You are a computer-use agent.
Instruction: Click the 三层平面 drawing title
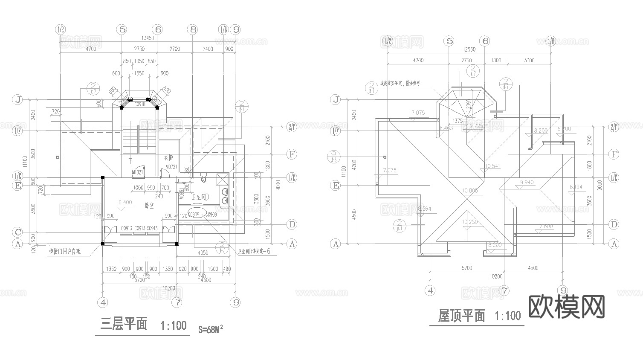(x=124, y=325)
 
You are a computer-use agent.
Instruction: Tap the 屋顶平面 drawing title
(x=462, y=316)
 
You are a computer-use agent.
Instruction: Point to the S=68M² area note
(x=211, y=329)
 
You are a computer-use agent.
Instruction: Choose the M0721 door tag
(x=171, y=166)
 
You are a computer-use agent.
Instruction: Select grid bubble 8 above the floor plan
(x=193, y=29)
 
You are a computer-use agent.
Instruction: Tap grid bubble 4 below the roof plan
(x=430, y=290)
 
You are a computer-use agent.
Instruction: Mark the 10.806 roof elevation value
(x=470, y=191)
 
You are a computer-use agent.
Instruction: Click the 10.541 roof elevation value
(x=492, y=166)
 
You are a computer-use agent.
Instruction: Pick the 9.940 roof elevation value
(x=527, y=183)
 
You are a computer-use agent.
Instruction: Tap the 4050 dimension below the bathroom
(x=203, y=253)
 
